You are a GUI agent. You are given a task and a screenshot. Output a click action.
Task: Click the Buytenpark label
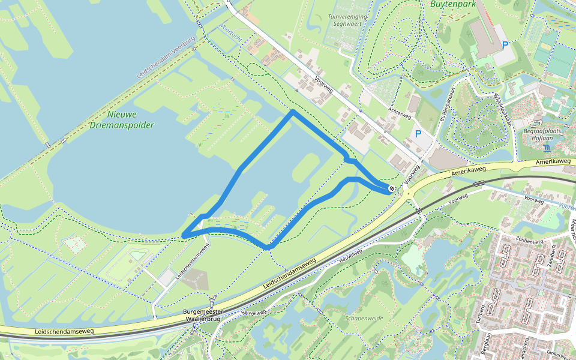coord(453,4)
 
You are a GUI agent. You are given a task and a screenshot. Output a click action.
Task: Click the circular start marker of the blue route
coord(391,189)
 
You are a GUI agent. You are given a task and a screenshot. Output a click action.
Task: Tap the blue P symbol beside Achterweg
coord(418,134)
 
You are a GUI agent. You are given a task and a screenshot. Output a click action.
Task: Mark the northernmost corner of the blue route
coord(292,111)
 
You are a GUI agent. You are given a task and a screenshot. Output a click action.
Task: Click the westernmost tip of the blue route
coord(184,235)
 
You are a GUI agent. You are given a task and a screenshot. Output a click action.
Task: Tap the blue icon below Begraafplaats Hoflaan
coord(546,148)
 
